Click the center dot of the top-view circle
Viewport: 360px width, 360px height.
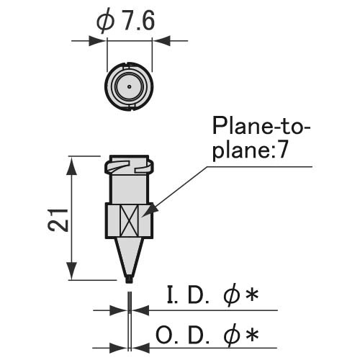coord(130,86)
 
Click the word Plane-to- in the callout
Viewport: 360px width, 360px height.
coord(261,126)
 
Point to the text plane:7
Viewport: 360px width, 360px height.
coord(250,150)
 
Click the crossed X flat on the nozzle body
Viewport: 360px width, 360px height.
coord(130,220)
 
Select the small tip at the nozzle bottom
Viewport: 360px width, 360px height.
coord(130,279)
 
